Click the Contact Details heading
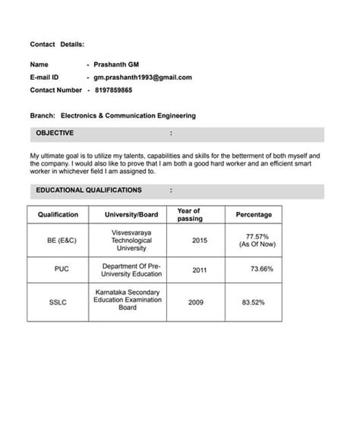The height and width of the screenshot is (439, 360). (x=57, y=45)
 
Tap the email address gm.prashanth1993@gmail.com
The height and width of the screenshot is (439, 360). (x=142, y=77)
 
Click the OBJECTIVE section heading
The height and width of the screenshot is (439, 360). (x=55, y=134)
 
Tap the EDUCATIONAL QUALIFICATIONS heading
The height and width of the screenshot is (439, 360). (x=88, y=190)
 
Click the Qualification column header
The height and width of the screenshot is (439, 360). (x=58, y=215)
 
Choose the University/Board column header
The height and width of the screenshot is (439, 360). (x=131, y=215)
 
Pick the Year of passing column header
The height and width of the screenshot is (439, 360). (x=188, y=215)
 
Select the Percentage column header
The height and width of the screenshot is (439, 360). (x=254, y=215)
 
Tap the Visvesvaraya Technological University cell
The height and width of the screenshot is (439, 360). (x=131, y=240)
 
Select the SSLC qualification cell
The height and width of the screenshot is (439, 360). (x=58, y=302)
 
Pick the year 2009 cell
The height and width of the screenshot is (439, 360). (x=196, y=302)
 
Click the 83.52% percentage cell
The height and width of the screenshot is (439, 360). (x=253, y=302)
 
